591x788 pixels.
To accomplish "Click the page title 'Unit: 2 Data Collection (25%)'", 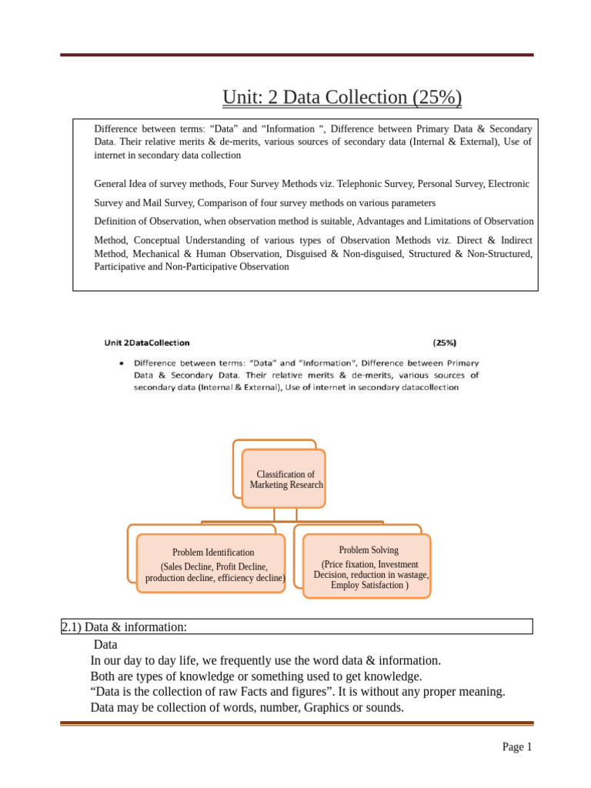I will pos(342,98).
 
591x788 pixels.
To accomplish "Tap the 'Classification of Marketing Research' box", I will pos(285,479).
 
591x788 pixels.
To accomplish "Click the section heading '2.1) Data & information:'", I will pos(124,627).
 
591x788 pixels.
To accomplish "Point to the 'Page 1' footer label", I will pos(516,746).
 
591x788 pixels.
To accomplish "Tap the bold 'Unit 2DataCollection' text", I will pos(147,342).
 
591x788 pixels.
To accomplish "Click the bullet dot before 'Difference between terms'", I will pos(122,362).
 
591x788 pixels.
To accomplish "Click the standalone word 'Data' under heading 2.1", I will pos(105,644).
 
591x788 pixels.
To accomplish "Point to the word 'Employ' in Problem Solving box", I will pos(345,585).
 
